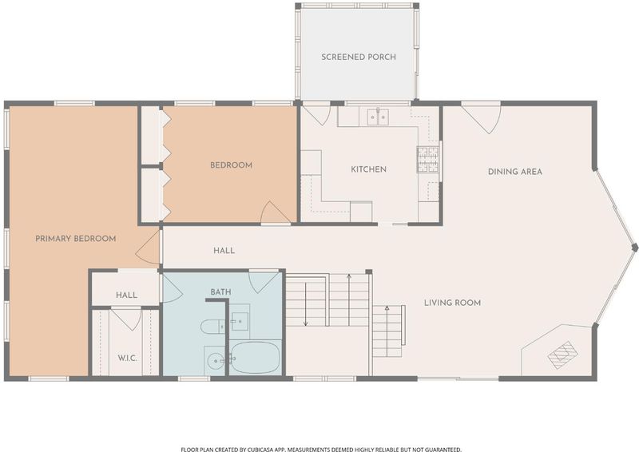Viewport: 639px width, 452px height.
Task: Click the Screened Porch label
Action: pyautogui.click(x=359, y=57)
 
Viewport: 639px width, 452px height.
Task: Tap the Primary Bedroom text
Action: pyautogui.click(x=75, y=239)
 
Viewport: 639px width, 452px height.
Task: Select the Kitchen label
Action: pyautogui.click(x=368, y=169)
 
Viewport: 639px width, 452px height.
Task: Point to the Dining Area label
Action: pyautogui.click(x=515, y=172)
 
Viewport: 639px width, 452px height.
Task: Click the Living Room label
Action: pyautogui.click(x=452, y=303)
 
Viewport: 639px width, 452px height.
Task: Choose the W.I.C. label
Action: pyautogui.click(x=127, y=359)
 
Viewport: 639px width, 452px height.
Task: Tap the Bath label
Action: pyautogui.click(x=221, y=291)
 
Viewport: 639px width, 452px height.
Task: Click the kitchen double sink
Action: pyautogui.click(x=378, y=117)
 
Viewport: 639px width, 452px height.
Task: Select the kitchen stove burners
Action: pyautogui.click(x=427, y=160)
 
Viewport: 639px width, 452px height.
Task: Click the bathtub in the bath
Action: pyautogui.click(x=255, y=358)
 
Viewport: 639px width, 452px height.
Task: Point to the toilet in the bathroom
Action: pyautogui.click(x=212, y=326)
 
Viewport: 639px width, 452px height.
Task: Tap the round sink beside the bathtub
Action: pyautogui.click(x=215, y=360)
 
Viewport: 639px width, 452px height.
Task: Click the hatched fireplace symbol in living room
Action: pyautogui.click(x=562, y=355)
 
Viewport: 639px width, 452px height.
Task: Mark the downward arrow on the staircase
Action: pyautogui.click(x=306, y=304)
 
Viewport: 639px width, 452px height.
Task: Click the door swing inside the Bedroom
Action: pyautogui.click(x=275, y=212)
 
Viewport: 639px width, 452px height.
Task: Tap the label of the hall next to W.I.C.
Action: pyautogui.click(x=126, y=295)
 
